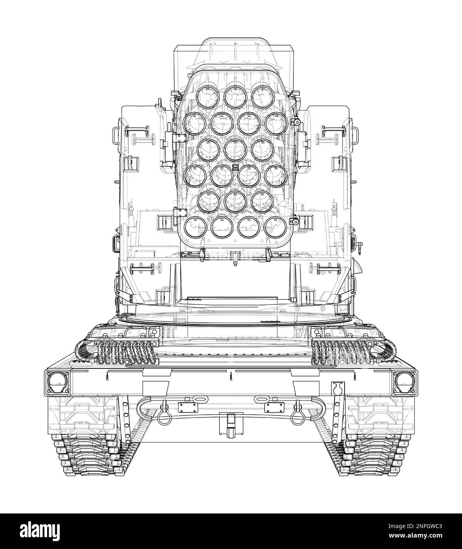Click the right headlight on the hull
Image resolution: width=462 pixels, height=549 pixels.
point(405,383)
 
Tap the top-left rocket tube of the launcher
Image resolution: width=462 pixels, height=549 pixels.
point(208,96)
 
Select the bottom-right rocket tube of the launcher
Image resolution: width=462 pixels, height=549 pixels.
point(276,227)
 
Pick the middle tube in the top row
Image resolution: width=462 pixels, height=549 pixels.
point(235,96)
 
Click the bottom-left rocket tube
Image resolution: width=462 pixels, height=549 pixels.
point(195,227)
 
